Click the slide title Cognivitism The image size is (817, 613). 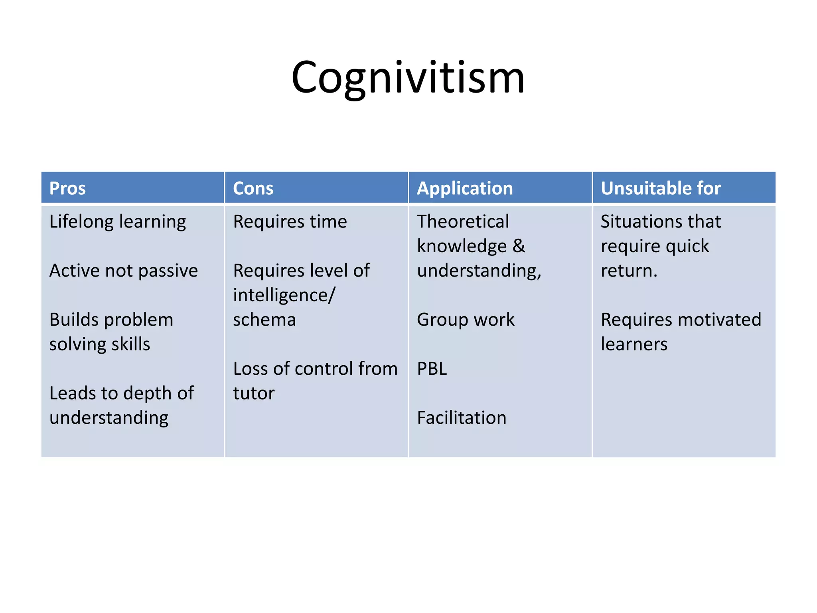pos(408,77)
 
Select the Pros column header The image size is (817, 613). pos(67,188)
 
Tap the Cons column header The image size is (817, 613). pos(253,188)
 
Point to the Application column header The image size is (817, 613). pos(465,188)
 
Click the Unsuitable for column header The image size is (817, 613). pos(661,188)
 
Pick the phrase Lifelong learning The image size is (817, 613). pos(117,222)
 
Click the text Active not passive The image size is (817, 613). pos(123,271)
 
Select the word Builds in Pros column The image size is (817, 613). pos(74,320)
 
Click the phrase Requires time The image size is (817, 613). pos(290,222)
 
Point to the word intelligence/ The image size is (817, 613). pos(284,296)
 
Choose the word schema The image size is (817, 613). pos(264,320)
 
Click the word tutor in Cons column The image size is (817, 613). pos(254,394)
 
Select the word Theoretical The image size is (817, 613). pos(463,222)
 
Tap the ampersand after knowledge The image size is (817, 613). pos(519,246)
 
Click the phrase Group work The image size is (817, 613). pos(466,320)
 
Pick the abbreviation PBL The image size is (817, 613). pos(432,369)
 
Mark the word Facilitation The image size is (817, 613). pos(462,418)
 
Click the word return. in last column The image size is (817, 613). pos(629,271)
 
